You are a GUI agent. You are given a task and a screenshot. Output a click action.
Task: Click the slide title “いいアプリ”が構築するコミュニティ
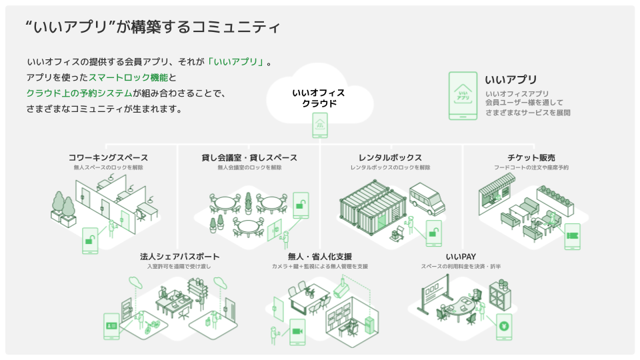point(152,27)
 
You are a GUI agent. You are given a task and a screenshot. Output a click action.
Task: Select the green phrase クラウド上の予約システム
point(79,93)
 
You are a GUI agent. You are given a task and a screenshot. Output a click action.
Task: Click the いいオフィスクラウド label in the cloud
point(319,98)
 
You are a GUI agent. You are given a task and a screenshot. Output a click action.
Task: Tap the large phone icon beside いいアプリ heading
point(463,96)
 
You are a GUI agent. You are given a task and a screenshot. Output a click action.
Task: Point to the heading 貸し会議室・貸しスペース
point(249,158)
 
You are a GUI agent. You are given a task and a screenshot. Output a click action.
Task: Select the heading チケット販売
point(531,158)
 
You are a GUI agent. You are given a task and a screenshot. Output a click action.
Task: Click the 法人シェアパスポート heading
point(180,257)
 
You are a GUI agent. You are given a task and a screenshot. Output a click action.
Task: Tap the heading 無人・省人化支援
point(319,257)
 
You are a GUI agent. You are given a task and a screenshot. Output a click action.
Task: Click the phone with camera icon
point(297,333)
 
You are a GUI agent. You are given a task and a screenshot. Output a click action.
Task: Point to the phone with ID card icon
point(111,327)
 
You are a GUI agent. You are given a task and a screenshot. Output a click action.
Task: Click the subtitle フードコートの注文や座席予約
point(531,168)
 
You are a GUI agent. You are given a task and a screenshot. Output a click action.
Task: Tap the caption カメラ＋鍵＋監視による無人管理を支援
point(319,267)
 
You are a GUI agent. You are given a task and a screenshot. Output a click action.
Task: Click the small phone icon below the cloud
point(320,125)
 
